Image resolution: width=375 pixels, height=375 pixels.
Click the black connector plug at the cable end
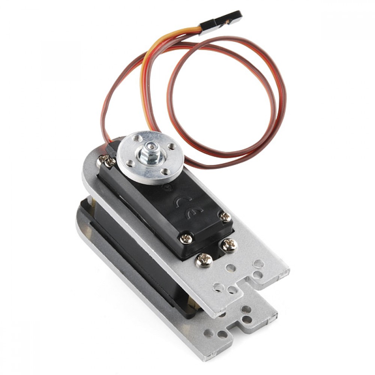(x=221, y=22)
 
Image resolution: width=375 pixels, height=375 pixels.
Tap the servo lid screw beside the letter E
(x=225, y=217)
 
